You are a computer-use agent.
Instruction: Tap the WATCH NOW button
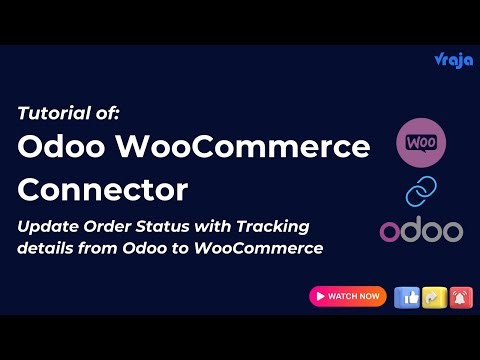tap(347, 296)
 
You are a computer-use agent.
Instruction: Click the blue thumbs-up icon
tap(407, 296)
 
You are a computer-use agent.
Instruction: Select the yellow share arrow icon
tap(433, 296)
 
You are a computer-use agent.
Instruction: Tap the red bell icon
tap(459, 296)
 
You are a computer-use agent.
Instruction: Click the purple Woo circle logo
tap(420, 143)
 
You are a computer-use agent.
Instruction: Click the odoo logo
tap(420, 231)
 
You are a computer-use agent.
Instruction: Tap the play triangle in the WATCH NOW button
tap(319, 296)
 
